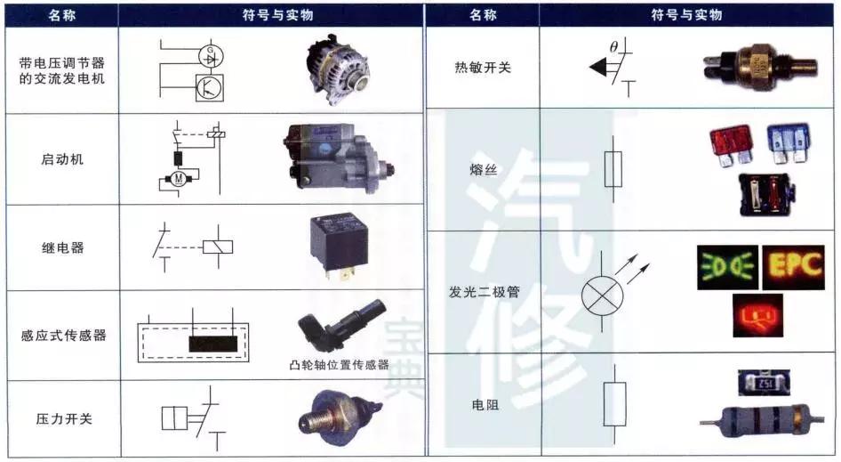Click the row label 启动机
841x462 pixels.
(62, 160)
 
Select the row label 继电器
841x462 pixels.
(62, 247)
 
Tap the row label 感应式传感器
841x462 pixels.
(62, 336)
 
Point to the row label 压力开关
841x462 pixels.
(62, 418)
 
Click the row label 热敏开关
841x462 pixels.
(483, 66)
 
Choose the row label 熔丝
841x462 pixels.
(483, 169)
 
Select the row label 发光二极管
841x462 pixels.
(483, 291)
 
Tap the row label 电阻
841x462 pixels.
(483, 404)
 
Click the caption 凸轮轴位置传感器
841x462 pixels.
(340, 365)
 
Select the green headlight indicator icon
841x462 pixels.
(727, 266)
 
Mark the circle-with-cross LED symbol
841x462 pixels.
(601, 293)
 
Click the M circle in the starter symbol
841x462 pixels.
(178, 180)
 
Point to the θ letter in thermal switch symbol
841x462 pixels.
(613, 46)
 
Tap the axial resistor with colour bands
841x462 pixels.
(756, 415)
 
